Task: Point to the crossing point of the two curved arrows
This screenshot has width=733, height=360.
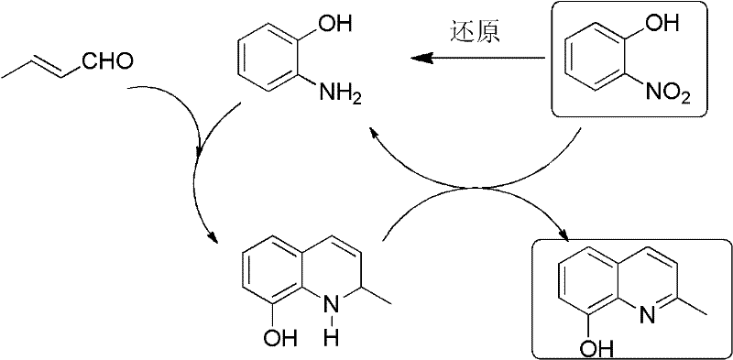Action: [x=475, y=190]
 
